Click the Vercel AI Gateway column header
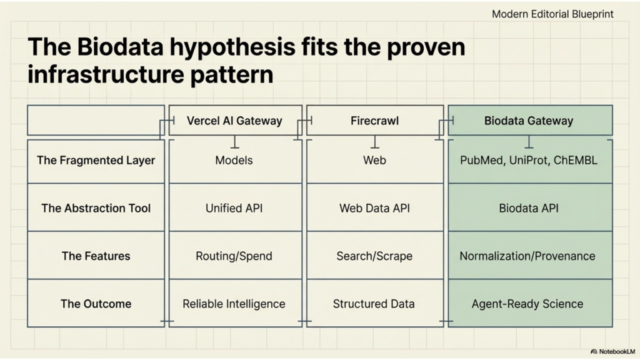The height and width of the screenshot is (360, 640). tap(234, 121)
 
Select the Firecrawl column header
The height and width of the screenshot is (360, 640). tap(374, 121)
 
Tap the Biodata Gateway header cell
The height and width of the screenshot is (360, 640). tap(529, 121)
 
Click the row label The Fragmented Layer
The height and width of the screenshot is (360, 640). tap(96, 160)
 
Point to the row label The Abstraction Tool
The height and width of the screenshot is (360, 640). tap(96, 208)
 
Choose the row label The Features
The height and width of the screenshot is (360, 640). tap(96, 256)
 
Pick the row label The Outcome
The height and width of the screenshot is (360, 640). tap(96, 304)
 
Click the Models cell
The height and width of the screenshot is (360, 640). tap(234, 160)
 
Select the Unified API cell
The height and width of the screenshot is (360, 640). tap(234, 208)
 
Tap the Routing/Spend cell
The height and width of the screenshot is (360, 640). tap(234, 256)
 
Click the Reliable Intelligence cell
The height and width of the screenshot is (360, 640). tap(234, 304)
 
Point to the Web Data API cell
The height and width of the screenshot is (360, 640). tap(374, 208)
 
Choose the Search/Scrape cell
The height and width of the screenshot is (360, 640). tap(374, 256)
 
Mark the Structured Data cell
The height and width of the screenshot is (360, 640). tap(374, 304)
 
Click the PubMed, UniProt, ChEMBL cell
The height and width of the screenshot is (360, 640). tap(529, 160)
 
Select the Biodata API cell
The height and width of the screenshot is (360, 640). tap(529, 208)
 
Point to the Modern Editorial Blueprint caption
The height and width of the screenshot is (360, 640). tap(552, 14)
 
